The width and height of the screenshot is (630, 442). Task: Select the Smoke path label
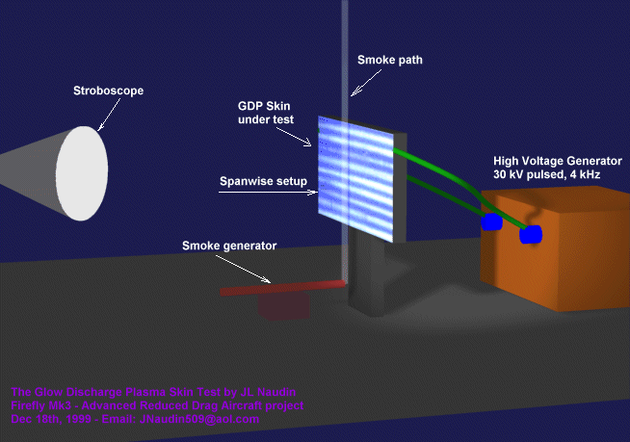(x=389, y=60)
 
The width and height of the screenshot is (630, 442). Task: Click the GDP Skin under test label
(x=266, y=112)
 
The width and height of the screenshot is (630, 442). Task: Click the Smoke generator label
(x=229, y=246)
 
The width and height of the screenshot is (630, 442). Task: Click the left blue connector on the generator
(x=491, y=222)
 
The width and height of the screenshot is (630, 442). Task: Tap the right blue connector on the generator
(x=530, y=233)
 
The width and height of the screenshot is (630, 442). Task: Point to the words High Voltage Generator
(x=557, y=161)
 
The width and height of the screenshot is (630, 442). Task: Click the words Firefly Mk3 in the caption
(x=40, y=405)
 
